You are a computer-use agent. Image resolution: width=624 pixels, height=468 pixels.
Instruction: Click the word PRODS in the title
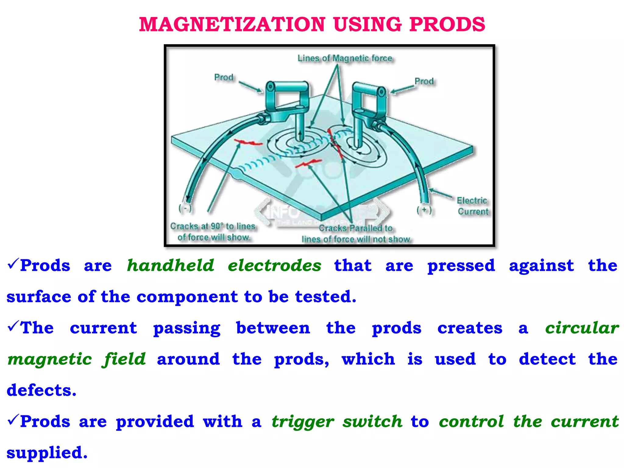point(447,24)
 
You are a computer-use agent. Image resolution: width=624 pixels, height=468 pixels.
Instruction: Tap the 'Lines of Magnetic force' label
point(345,58)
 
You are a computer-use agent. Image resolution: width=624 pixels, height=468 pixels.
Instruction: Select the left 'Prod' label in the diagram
point(224,77)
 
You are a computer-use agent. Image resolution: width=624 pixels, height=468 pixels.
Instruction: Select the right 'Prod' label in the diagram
point(424,81)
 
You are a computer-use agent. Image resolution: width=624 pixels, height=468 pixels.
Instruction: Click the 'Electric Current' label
point(473,206)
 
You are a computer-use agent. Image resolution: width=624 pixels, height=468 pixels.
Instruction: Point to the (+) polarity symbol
point(424,210)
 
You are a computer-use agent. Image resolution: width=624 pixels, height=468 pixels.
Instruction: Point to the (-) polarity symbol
point(185,208)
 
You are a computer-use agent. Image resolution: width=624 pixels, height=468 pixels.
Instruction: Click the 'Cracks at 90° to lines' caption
point(213,226)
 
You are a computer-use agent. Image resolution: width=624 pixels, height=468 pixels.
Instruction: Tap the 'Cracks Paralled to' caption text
point(356,228)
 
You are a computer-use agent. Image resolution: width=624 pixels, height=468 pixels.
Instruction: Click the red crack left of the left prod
point(247,142)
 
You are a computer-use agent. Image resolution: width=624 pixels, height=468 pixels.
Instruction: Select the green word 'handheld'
point(171,265)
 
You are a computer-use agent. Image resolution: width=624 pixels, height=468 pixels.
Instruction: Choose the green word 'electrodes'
point(275,265)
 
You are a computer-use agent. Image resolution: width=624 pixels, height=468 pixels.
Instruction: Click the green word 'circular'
point(582,328)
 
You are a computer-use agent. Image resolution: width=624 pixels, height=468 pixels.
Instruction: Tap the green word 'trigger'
point(303,422)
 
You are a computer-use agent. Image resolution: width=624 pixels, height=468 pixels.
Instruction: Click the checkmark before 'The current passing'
point(13,326)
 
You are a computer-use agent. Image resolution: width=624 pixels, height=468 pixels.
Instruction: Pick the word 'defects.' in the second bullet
point(42,390)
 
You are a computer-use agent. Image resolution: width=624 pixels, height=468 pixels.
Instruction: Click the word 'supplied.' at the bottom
point(47,453)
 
